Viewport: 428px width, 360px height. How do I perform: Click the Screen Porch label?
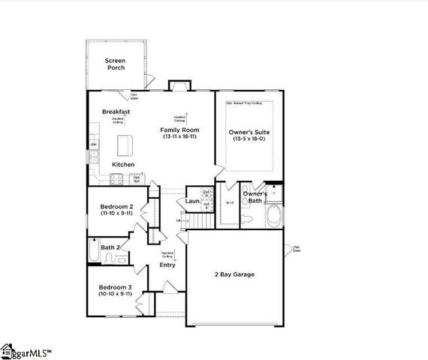[x=115, y=63]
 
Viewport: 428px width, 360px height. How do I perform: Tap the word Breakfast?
[x=116, y=112]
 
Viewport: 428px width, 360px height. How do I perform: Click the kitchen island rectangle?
[x=124, y=142]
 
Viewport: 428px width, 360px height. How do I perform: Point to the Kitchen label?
[x=123, y=164]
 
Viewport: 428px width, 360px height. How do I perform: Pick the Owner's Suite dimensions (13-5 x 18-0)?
[x=249, y=139]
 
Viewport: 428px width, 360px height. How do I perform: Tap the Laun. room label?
[x=192, y=201]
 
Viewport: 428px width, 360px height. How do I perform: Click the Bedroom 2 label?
[x=116, y=206]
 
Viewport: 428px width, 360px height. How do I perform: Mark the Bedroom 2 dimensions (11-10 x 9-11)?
[x=116, y=214]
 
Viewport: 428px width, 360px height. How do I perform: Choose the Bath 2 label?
[x=111, y=247]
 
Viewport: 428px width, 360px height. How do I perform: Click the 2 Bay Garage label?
[x=235, y=274]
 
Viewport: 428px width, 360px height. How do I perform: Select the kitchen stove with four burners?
[x=116, y=178]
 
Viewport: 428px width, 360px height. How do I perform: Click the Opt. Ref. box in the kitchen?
[x=137, y=179]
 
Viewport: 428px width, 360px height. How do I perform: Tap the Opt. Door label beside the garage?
[x=297, y=249]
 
